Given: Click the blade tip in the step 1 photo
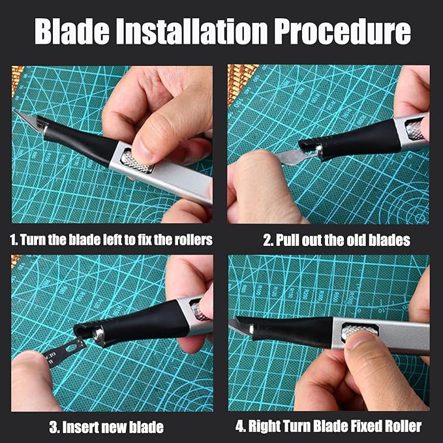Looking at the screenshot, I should tap(19, 115).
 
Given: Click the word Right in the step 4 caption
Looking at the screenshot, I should tap(264, 427).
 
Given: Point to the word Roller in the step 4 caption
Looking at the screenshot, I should tap(403, 427).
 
